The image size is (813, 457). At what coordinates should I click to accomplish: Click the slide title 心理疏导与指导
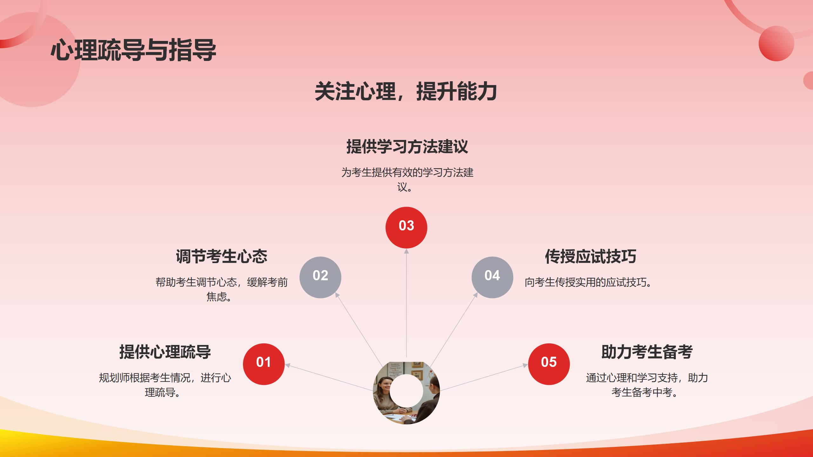pos(133,50)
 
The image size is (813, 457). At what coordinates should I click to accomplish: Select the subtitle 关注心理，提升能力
pos(406,92)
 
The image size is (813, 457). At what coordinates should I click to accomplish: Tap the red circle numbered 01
pos(264,364)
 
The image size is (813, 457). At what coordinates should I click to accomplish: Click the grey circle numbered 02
pos(320,277)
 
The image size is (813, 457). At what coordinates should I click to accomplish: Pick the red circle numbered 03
pos(406,228)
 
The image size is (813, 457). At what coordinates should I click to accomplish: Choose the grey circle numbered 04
pos(492,277)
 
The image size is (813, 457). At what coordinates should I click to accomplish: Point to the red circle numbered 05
pos(549,364)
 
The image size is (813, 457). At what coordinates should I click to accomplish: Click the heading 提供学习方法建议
pos(407,147)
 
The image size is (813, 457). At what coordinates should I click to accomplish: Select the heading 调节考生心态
pos(222,256)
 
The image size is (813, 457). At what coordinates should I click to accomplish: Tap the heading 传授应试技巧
pos(591,256)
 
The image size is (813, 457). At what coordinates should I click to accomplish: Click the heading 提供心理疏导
pos(165,352)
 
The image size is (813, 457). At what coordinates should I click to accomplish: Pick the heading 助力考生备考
pos(647,352)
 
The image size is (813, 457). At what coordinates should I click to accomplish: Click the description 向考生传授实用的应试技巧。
pos(588,282)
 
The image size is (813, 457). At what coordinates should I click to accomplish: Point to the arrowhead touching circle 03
pos(406,251)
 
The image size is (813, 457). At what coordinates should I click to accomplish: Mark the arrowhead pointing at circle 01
pos(288,366)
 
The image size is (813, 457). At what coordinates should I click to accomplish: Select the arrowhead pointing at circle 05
pos(525,366)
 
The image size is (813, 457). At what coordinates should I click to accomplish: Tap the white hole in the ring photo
pos(406,391)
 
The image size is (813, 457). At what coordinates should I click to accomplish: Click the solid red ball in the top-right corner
pos(776,43)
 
